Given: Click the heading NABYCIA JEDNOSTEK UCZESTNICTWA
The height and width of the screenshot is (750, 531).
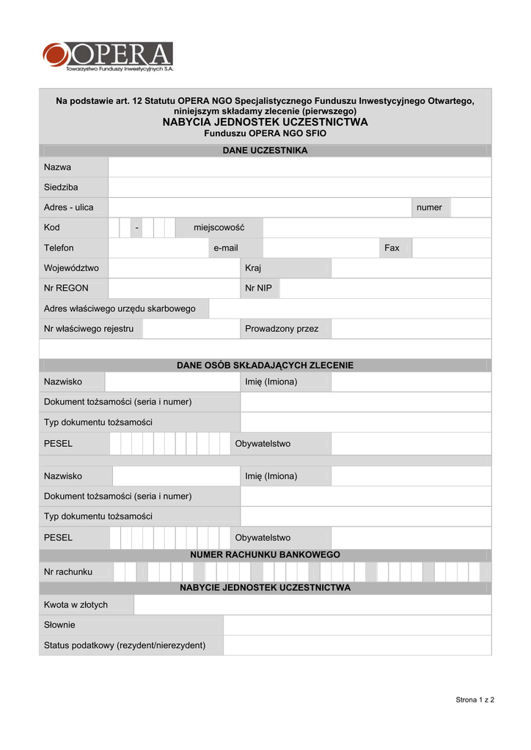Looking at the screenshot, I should point(265,122).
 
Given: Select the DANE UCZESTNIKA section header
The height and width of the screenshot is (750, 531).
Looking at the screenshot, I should point(265,151).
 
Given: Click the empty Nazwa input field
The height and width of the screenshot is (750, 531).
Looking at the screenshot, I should point(299,168).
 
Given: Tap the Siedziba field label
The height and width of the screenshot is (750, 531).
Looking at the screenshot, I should point(61,187).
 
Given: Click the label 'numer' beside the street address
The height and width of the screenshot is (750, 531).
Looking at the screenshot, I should point(429,207).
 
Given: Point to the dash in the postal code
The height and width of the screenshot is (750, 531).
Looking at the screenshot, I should point(136,228).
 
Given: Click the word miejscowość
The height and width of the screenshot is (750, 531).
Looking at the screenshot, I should point(219,228).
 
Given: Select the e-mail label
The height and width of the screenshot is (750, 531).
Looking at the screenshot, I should point(226,248).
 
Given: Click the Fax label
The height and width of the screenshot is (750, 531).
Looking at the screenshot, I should point(392,248).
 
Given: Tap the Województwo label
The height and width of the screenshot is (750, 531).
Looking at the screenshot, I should point(71,268).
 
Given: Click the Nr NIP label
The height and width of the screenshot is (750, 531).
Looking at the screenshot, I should point(258,289).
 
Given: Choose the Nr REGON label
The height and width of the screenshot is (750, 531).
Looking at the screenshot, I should point(66,289).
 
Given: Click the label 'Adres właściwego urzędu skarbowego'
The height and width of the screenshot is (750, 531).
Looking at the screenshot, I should point(120,309).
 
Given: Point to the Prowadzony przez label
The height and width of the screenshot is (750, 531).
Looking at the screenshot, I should point(282,329).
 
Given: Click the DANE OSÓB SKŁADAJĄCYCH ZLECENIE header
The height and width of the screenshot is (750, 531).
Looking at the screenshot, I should point(265,365).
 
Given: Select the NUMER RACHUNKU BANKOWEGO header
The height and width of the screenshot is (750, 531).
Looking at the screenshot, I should point(265,555).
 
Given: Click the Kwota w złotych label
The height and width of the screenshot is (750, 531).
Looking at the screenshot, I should point(76,605).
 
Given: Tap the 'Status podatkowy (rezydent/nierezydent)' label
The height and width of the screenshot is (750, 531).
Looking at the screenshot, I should point(125,645).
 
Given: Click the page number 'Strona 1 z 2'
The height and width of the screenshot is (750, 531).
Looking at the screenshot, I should point(475,700).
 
